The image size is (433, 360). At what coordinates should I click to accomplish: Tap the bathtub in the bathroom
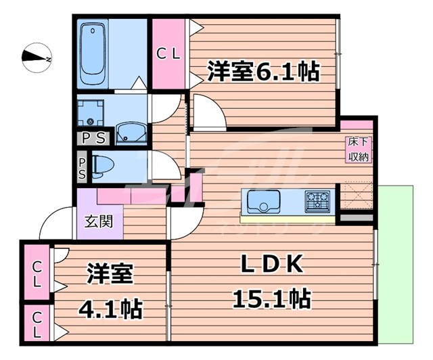coord(90,54)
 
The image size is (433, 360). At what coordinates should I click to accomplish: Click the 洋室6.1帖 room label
coord(263,71)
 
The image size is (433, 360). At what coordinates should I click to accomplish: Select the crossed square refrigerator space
coord(355,196)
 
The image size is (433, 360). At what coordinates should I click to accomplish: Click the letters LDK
coord(271,265)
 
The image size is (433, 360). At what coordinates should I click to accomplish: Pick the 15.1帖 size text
coord(271,297)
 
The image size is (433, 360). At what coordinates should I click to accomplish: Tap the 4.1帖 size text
coord(110,310)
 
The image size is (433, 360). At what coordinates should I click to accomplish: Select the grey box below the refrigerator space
coord(355,218)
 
